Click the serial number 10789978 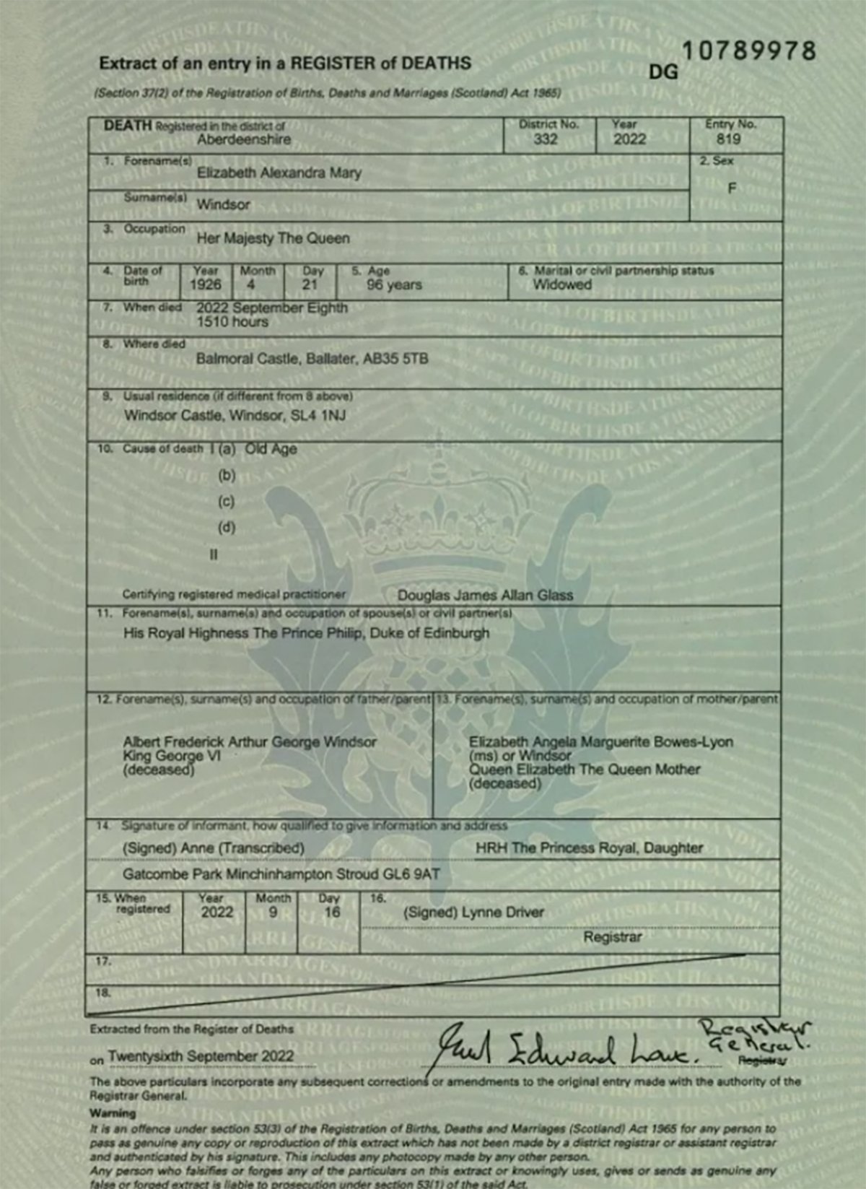click(x=748, y=51)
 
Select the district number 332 click(x=546, y=139)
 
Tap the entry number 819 click(x=728, y=139)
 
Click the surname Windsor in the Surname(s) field click(x=224, y=205)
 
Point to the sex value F click(x=732, y=188)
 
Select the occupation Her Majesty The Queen click(x=273, y=238)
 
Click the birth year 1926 click(x=206, y=285)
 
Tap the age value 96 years click(x=394, y=285)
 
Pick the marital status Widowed click(x=562, y=285)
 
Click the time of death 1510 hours click(x=232, y=322)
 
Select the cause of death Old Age click(x=271, y=449)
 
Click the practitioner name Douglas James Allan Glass click(x=485, y=596)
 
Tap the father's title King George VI click(x=172, y=756)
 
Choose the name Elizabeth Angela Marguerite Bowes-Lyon click(x=600, y=742)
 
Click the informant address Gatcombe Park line click(x=281, y=875)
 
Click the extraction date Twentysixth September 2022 click(x=201, y=1056)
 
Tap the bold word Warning click(x=113, y=1113)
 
